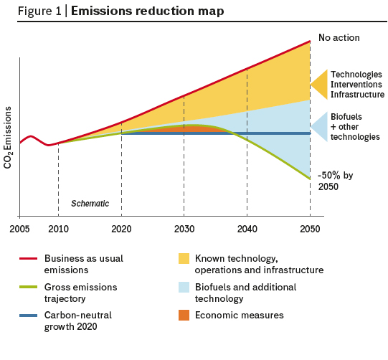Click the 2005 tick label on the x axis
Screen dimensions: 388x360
pyautogui.click(x=19, y=229)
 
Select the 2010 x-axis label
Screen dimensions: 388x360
pyautogui.click(x=58, y=229)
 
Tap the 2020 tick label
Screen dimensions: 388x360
pyautogui.click(x=121, y=229)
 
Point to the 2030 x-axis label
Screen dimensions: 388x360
pyautogui.click(x=184, y=229)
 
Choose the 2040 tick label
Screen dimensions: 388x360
pyautogui.click(x=247, y=229)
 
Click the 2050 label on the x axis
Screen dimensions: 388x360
pyautogui.click(x=310, y=229)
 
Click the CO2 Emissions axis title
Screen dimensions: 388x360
pyautogui.click(x=8, y=138)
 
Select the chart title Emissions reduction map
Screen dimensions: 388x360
pyautogui.click(x=148, y=11)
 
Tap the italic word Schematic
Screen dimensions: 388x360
pyautogui.click(x=90, y=204)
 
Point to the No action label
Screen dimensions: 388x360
pyautogui.click(x=339, y=37)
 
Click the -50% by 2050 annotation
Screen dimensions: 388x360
pyautogui.click(x=336, y=181)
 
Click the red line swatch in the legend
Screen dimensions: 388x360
pyautogui.click(x=29, y=259)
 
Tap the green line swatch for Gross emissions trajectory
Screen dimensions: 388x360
pyautogui.click(x=29, y=287)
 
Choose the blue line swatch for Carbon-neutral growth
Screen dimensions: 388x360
pyautogui.click(x=29, y=316)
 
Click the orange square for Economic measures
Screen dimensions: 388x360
pyautogui.click(x=184, y=316)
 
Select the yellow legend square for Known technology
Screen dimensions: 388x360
pyautogui.click(x=184, y=259)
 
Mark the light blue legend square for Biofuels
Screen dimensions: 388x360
pyautogui.click(x=184, y=287)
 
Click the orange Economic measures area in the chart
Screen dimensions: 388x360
pyautogui.click(x=188, y=129)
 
